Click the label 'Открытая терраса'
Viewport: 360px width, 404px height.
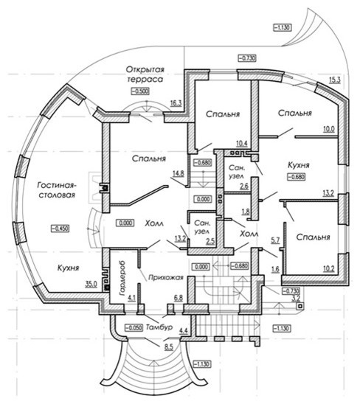(145, 74)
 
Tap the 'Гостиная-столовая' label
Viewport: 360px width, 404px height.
(57, 190)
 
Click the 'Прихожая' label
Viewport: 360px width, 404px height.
(165, 277)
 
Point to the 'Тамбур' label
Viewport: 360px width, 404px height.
(159, 327)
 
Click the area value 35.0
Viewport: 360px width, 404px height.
(91, 284)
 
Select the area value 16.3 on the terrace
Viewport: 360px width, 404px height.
(176, 103)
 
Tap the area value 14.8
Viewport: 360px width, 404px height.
(179, 173)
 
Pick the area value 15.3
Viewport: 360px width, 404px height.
(334, 80)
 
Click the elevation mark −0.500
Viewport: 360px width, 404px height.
(140, 91)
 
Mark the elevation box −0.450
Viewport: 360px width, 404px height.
(60, 229)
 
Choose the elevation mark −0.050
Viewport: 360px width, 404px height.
(134, 328)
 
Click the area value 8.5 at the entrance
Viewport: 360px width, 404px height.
(169, 347)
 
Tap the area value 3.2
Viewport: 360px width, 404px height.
(296, 299)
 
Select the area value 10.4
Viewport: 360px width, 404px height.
(242, 144)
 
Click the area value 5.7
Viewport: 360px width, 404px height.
(275, 240)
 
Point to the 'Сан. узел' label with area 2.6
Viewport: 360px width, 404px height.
(237, 172)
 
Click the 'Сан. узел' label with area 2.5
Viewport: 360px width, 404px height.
(201, 227)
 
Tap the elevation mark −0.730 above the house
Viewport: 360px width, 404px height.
(247, 58)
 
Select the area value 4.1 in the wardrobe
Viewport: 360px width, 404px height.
(131, 299)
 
